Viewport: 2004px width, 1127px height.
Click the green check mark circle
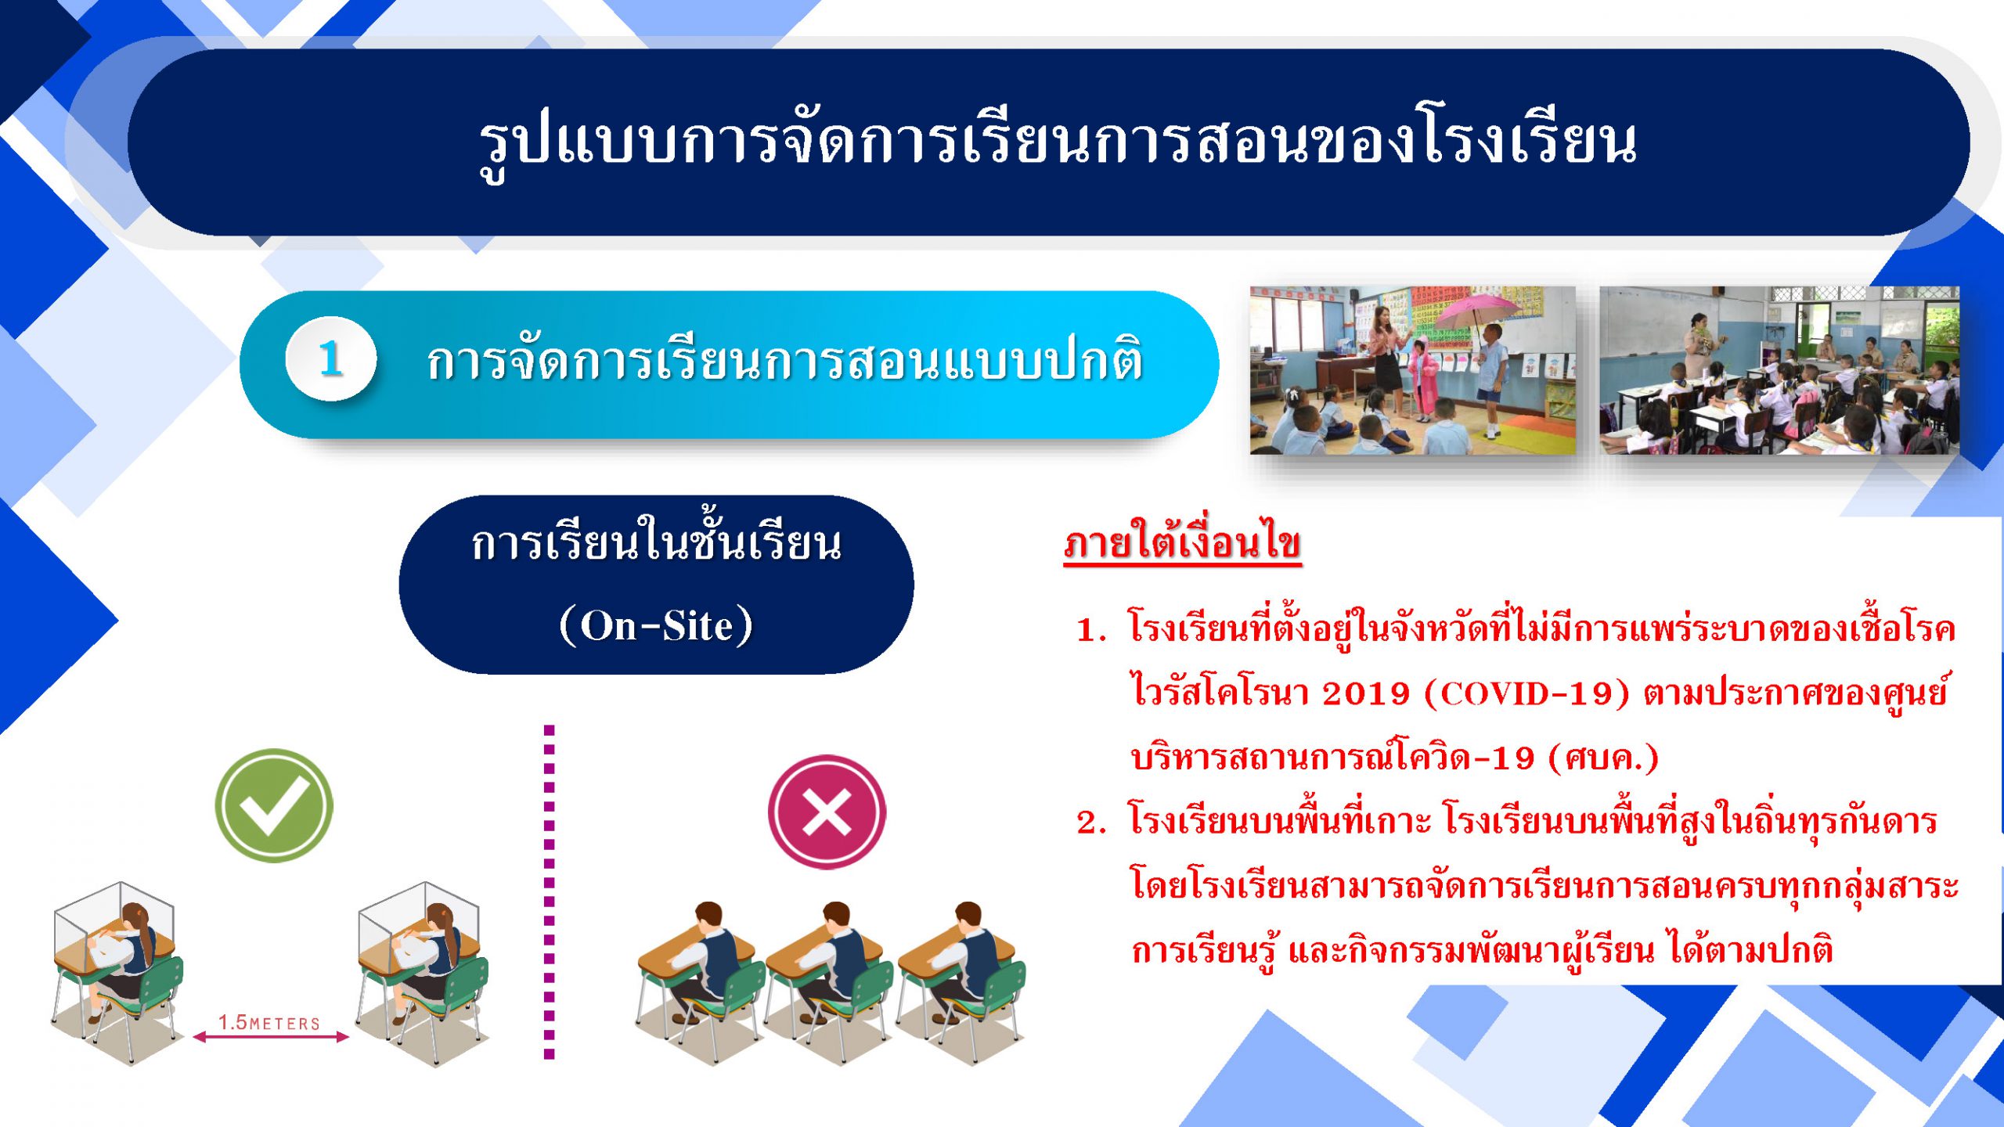(274, 805)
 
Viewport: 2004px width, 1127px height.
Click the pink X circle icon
(827, 812)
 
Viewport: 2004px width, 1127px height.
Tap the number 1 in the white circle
(331, 359)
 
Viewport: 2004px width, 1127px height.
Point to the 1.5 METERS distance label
(269, 1022)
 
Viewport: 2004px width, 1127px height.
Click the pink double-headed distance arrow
(271, 1037)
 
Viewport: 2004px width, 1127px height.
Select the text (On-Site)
(656, 625)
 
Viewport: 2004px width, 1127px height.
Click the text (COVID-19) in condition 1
(1527, 693)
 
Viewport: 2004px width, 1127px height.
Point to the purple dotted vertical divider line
(549, 892)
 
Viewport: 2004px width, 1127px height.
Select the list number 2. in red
(1091, 823)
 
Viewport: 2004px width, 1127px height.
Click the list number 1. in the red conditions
(1091, 630)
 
